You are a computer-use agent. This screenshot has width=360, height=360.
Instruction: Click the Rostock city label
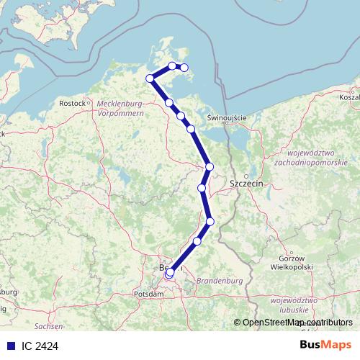(x=72, y=104)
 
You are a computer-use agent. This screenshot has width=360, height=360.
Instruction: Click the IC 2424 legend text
(x=40, y=346)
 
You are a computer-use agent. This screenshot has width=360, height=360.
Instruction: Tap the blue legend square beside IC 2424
(x=10, y=346)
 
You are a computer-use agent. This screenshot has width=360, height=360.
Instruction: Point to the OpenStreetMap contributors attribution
(x=297, y=323)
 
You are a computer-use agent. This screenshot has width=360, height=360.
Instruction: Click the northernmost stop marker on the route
(x=172, y=66)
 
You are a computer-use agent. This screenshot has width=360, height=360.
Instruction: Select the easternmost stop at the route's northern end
(x=184, y=68)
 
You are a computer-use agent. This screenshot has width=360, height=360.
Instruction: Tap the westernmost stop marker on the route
(x=150, y=78)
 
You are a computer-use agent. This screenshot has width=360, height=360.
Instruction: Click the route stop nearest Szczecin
(x=210, y=167)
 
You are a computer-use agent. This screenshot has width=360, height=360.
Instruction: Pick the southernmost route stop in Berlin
(x=168, y=274)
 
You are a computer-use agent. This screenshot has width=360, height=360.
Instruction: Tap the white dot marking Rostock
(x=89, y=103)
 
